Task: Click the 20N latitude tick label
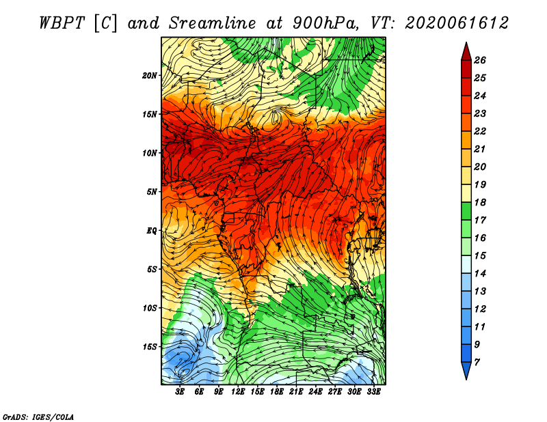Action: (x=150, y=76)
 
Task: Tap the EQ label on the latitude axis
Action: (x=151, y=231)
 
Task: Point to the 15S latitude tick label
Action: (x=150, y=347)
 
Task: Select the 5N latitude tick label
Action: (x=152, y=192)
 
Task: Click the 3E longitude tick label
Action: (x=180, y=392)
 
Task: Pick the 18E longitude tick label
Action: (x=277, y=392)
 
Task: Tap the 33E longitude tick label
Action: (x=373, y=392)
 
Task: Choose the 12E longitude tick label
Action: (x=238, y=392)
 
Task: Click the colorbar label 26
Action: (x=480, y=60)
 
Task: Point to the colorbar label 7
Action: (x=477, y=363)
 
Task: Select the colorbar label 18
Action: (x=480, y=202)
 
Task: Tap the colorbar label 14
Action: (x=480, y=274)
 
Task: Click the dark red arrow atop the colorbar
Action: (x=466, y=53)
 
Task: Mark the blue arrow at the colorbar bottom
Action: (x=466, y=370)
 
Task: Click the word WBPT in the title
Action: (x=62, y=23)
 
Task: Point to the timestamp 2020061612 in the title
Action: (x=456, y=23)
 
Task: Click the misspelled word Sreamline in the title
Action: (x=212, y=23)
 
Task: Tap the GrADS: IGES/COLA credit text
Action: (x=38, y=417)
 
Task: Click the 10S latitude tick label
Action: (x=150, y=308)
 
